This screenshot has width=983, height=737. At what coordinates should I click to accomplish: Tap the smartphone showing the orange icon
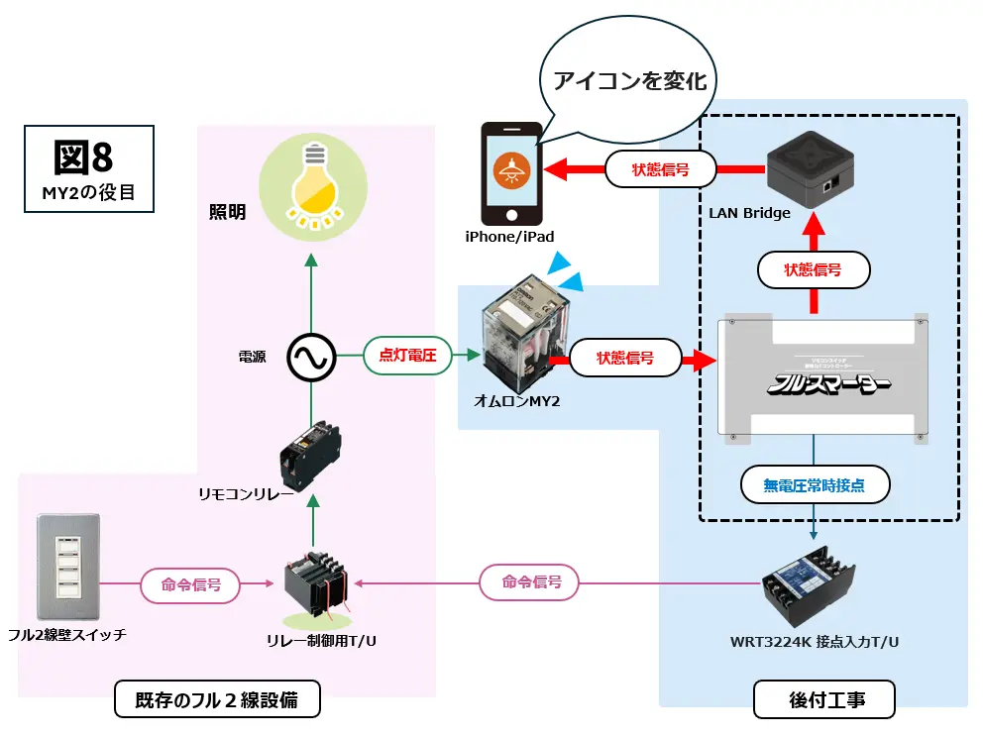click(x=511, y=173)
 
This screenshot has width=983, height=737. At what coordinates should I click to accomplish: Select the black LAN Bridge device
click(x=811, y=168)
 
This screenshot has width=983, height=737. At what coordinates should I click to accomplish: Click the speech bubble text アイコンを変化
click(x=630, y=80)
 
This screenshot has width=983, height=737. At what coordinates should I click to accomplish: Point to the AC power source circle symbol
click(x=311, y=357)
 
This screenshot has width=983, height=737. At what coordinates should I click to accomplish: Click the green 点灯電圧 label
click(x=408, y=355)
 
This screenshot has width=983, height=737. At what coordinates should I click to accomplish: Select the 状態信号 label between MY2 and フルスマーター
click(x=626, y=358)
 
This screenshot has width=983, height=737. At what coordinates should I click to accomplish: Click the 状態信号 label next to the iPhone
click(x=661, y=169)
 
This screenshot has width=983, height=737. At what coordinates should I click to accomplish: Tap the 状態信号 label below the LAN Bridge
click(x=813, y=269)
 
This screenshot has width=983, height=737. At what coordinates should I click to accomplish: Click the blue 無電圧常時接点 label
click(x=814, y=485)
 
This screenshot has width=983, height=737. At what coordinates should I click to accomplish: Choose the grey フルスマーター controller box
click(x=821, y=376)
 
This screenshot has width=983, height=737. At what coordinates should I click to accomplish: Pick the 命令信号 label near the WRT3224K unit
click(x=529, y=581)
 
